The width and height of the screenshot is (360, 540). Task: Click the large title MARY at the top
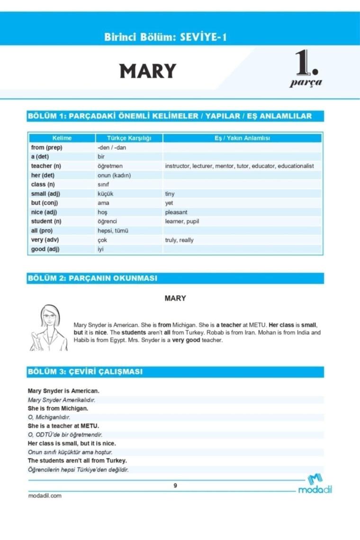pos(148,72)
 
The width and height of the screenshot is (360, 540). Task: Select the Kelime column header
pos(62,138)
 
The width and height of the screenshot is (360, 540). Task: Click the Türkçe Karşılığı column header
pos(129,138)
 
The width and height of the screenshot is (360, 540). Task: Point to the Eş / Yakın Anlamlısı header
pos(242,138)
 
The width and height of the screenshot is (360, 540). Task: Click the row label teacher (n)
pos(46,166)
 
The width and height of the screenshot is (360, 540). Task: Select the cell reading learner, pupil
pos(182,221)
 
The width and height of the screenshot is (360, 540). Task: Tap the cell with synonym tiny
pos(170,194)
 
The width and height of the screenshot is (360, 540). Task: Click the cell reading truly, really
pos(179,240)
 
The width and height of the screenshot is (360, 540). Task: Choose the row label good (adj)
pos(45,249)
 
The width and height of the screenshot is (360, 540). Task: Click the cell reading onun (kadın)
pos(114,175)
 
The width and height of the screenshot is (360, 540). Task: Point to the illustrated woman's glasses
pos(49,316)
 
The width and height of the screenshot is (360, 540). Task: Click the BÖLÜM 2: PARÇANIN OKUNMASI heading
pos(92,279)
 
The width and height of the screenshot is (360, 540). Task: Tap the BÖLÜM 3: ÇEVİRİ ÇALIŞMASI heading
pos(85,372)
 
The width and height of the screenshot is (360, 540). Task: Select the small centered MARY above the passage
pos(175,298)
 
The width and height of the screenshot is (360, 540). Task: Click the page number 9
pos(175,486)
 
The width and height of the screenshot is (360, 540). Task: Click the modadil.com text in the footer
pos(45,496)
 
